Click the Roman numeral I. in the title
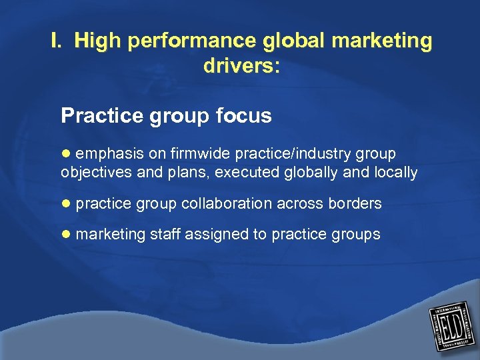pyautogui.click(x=57, y=41)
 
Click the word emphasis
pyautogui.click(x=109, y=154)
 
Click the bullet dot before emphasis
pyautogui.click(x=65, y=154)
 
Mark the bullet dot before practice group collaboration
pyautogui.click(x=65, y=203)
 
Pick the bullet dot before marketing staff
pyautogui.click(x=65, y=234)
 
